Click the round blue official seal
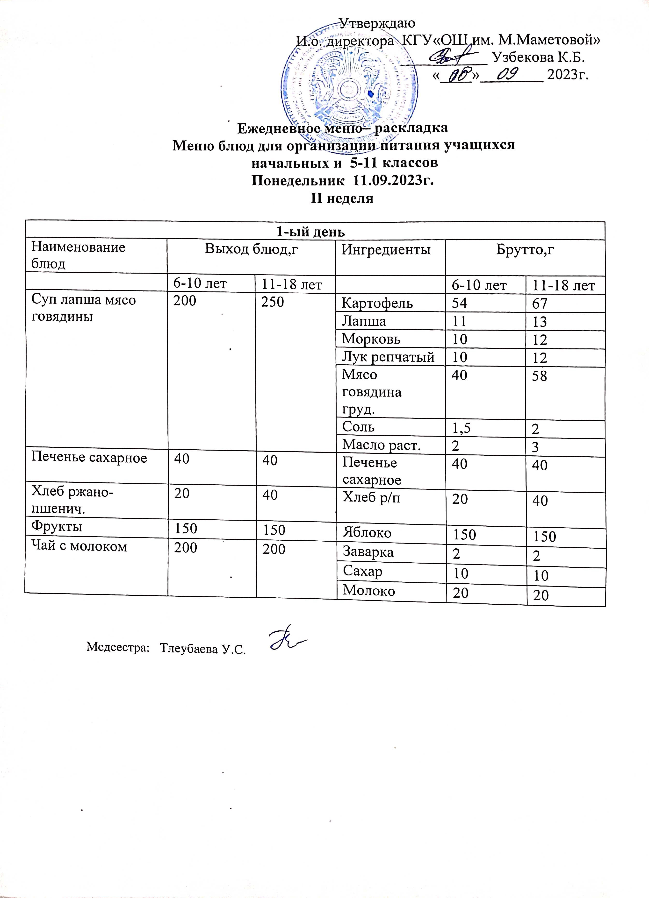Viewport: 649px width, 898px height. [x=350, y=84]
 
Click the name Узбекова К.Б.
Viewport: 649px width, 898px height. [x=538, y=57]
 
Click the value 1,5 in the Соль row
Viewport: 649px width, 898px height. [x=462, y=428]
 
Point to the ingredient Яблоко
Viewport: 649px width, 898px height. [x=367, y=532]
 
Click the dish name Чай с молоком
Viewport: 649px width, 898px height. [x=79, y=547]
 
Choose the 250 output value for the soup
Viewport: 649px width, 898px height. [x=273, y=302]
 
